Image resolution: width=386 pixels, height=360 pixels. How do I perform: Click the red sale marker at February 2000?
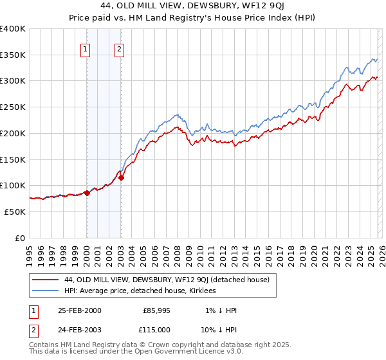pyautogui.click(x=87, y=192)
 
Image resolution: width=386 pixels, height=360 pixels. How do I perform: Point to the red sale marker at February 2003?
pyautogui.click(x=121, y=177)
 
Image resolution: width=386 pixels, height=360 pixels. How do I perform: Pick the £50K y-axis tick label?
pyautogui.click(x=15, y=212)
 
